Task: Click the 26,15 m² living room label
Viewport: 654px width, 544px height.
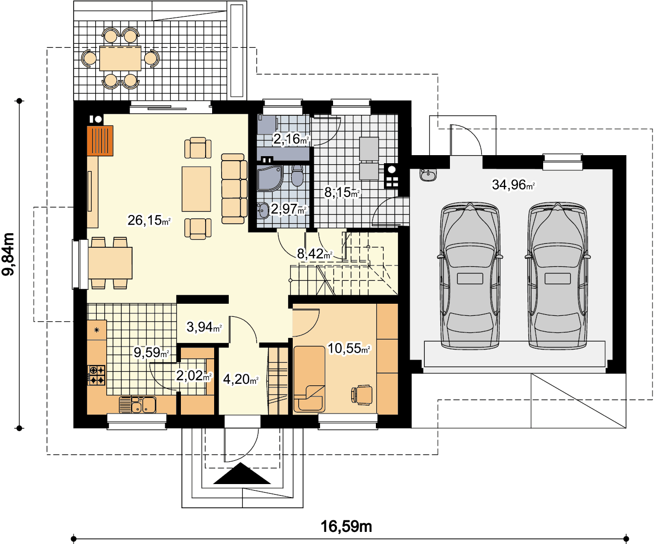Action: click(149, 220)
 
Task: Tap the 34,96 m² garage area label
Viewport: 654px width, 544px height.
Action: click(513, 184)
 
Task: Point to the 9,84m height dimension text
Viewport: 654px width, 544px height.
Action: click(9, 254)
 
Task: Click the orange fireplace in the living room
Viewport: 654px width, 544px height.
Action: click(100, 141)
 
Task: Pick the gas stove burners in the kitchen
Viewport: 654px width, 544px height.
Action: click(96, 375)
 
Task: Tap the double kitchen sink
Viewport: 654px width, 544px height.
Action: click(138, 404)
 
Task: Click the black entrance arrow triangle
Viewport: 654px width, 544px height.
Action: click(242, 473)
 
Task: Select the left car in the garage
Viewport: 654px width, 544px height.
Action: click(470, 276)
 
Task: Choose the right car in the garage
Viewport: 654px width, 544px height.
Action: click(558, 276)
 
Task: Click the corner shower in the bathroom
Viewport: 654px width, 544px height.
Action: click(270, 178)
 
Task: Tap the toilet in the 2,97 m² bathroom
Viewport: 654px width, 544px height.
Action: click(297, 175)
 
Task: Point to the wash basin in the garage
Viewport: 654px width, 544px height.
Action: click(428, 175)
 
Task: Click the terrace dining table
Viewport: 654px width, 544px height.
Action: click(120, 58)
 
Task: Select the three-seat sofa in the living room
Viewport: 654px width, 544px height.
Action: click(234, 188)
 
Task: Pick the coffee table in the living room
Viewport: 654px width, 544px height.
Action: click(197, 189)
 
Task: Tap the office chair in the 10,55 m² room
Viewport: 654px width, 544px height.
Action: click(362, 395)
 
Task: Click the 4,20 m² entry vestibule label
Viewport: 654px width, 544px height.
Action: click(240, 379)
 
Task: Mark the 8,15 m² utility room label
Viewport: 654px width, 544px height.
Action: click(342, 192)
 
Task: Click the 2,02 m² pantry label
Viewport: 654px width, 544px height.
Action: click(194, 375)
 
